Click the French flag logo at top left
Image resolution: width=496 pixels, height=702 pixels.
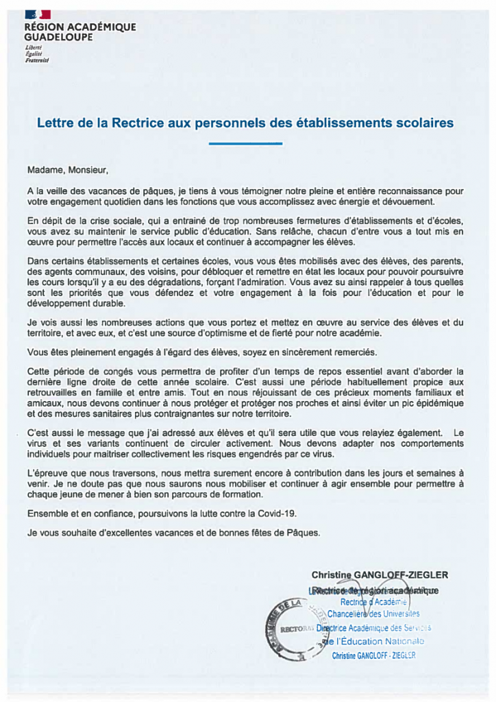pyautogui.click(x=37, y=14)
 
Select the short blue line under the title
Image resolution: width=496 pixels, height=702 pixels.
pyautogui.click(x=245, y=143)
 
